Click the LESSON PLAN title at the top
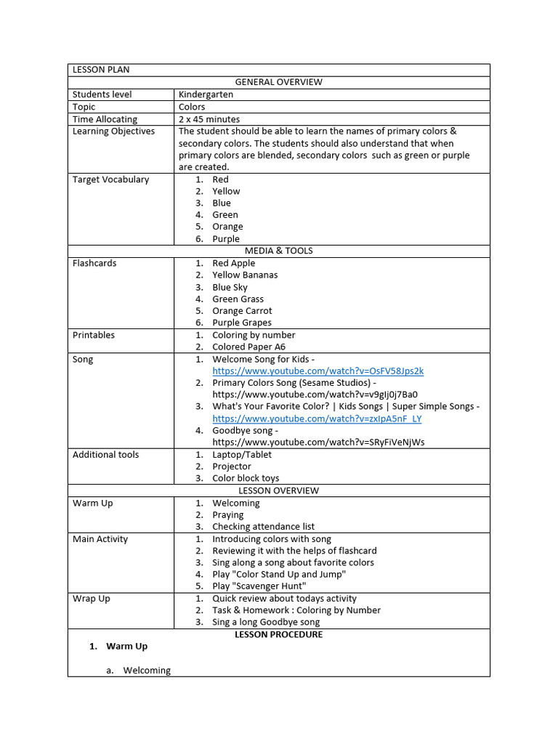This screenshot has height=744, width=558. (x=100, y=70)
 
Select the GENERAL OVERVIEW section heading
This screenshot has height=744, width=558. (x=278, y=82)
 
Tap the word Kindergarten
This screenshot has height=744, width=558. (x=206, y=94)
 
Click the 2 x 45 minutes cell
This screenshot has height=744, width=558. (x=209, y=119)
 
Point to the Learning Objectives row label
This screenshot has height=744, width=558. (x=113, y=132)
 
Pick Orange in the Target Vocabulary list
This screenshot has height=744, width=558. (x=227, y=227)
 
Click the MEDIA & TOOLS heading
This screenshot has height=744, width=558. (x=278, y=251)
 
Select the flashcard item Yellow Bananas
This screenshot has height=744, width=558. (x=245, y=275)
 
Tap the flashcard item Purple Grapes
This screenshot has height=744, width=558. (x=242, y=323)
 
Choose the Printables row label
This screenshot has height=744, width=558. (x=94, y=335)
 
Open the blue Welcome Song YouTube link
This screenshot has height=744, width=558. (x=318, y=371)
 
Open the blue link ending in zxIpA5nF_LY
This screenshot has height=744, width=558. (x=317, y=418)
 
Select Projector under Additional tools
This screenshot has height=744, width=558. (x=232, y=466)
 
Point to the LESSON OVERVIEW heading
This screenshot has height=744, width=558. (x=278, y=490)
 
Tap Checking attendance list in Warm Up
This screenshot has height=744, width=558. (x=263, y=526)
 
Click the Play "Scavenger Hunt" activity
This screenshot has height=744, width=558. (x=259, y=586)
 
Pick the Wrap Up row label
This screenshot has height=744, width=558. (x=92, y=599)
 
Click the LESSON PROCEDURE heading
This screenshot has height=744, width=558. (x=278, y=634)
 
